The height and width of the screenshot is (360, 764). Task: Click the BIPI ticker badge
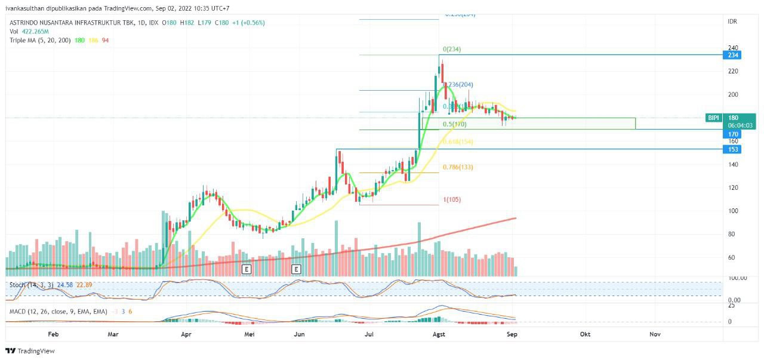click(x=713, y=118)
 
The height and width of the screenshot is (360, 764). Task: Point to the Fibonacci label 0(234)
click(x=452, y=49)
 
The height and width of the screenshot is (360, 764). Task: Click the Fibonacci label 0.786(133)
click(x=458, y=167)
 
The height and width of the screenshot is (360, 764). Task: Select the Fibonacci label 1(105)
click(x=452, y=199)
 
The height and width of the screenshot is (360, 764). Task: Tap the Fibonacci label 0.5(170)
click(x=454, y=124)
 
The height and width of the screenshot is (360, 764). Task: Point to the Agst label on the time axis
click(x=439, y=334)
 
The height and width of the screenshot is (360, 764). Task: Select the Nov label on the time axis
click(x=655, y=334)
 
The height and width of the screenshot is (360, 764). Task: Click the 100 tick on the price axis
click(x=732, y=211)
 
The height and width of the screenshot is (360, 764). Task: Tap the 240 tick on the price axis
click(x=732, y=48)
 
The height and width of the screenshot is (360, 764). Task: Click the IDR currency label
click(x=732, y=21)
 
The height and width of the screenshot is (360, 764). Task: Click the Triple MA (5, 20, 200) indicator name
click(x=39, y=40)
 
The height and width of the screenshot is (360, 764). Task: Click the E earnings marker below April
click(x=246, y=269)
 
